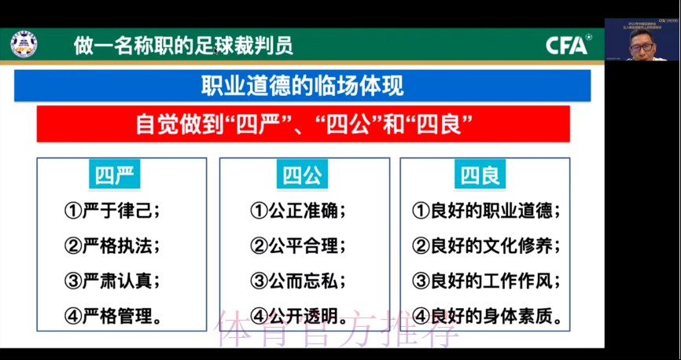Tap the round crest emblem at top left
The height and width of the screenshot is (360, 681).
(24, 44)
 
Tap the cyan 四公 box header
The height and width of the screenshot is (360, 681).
(304, 175)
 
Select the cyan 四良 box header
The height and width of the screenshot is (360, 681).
(480, 175)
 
